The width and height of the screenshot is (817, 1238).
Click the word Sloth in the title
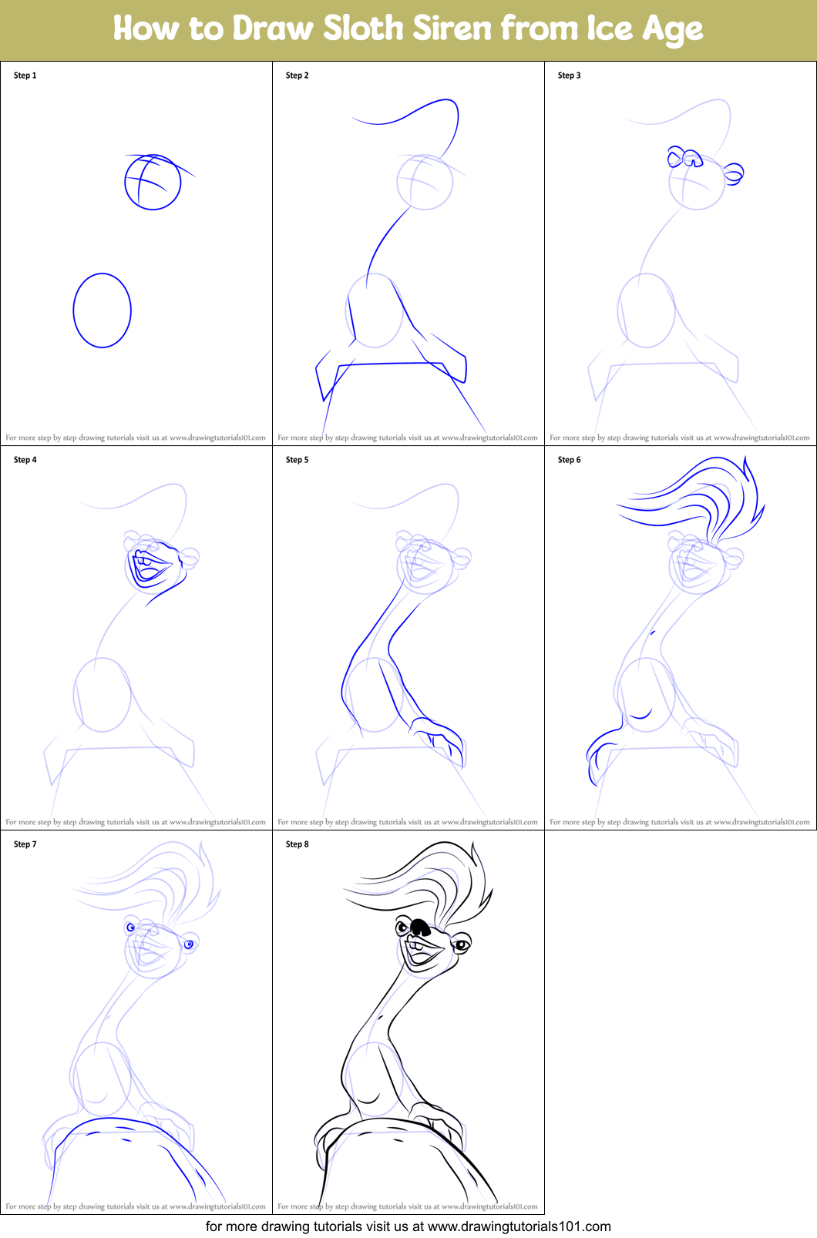(x=363, y=29)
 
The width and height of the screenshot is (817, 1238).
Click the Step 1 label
(x=25, y=75)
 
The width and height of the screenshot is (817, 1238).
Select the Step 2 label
(x=298, y=75)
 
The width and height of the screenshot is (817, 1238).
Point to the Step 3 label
(x=570, y=75)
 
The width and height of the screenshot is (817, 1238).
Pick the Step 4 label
(x=25, y=460)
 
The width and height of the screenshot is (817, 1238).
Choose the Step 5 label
(x=298, y=460)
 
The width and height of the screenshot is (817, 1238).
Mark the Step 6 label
(x=570, y=460)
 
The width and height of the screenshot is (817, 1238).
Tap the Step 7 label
(x=25, y=844)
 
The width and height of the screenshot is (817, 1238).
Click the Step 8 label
(x=298, y=844)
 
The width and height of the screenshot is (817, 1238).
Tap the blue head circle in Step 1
(x=153, y=183)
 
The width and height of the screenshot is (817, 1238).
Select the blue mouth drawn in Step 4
(x=150, y=568)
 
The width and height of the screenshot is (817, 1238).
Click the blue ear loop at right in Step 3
(x=734, y=173)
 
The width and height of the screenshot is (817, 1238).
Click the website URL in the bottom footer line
(x=519, y=1226)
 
